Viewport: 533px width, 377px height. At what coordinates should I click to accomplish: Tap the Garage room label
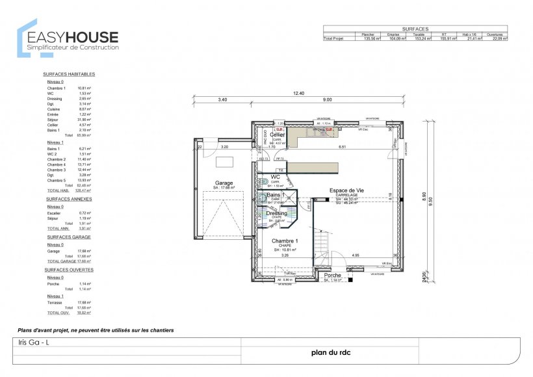224,183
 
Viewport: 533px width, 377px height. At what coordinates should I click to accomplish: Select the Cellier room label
278,135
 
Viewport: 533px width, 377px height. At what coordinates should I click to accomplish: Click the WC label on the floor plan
275,177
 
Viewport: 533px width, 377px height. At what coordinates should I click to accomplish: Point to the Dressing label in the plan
277,213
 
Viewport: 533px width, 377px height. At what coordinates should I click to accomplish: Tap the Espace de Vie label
346,190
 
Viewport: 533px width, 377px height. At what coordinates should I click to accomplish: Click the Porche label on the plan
333,275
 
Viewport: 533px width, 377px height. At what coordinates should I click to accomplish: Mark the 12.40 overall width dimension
298,93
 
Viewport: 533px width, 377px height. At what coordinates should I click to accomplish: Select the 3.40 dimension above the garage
222,99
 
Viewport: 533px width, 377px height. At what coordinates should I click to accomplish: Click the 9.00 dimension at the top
327,99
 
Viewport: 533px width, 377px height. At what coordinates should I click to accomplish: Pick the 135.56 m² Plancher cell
370,39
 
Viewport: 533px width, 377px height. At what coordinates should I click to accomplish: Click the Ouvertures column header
497,34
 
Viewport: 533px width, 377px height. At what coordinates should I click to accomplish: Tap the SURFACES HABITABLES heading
69,74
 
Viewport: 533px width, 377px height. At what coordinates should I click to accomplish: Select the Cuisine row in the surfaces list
54,109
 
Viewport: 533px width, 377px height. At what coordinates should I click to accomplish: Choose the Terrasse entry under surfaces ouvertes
55,302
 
